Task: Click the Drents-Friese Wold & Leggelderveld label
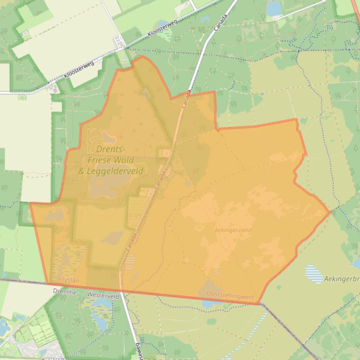(x=110, y=160)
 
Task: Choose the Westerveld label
(x=103, y=296)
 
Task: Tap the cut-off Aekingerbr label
(x=341, y=279)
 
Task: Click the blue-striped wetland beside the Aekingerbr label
(x=314, y=274)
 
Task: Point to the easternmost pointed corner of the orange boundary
(x=330, y=212)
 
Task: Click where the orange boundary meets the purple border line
(x=259, y=304)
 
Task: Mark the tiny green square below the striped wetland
(x=279, y=287)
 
